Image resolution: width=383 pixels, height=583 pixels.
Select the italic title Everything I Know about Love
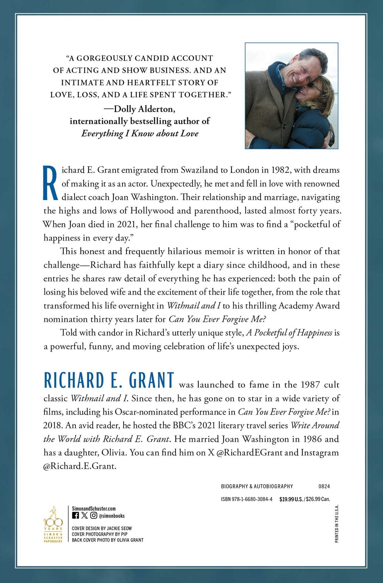pyautogui.click(x=140, y=134)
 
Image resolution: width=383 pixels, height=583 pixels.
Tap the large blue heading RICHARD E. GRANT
pyautogui.click(x=109, y=381)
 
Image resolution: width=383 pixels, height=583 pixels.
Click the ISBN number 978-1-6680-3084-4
pyautogui.click(x=246, y=499)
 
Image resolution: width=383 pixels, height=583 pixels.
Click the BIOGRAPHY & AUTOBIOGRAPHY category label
pyautogui.click(x=257, y=486)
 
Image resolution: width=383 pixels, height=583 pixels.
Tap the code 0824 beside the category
pyautogui.click(x=324, y=486)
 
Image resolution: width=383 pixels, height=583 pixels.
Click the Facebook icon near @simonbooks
pyautogui.click(x=75, y=515)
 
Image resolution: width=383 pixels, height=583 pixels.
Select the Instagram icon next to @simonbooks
pyautogui.click(x=94, y=515)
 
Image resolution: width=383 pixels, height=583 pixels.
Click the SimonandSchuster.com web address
pyautogui.click(x=94, y=508)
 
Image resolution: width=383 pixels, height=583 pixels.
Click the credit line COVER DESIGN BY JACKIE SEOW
pyautogui.click(x=102, y=528)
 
